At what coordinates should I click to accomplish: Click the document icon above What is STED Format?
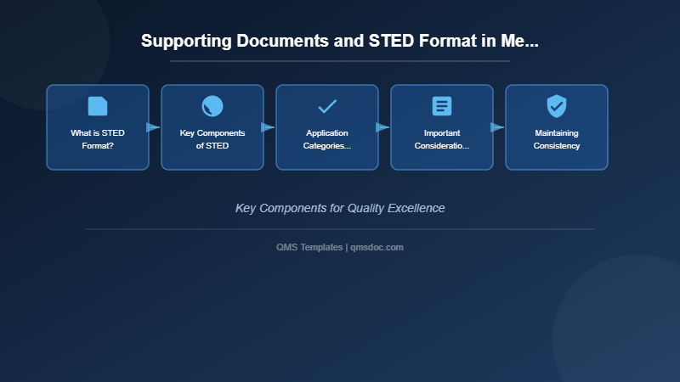coord(98,106)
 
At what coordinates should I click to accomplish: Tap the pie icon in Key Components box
coord(212,106)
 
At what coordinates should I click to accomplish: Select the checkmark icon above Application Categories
coord(327,106)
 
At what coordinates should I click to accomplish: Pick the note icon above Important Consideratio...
coord(442,106)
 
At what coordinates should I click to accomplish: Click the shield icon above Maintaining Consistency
coord(557,106)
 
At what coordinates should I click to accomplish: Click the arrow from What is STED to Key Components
coord(154,127)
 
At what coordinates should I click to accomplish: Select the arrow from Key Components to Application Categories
coord(269,127)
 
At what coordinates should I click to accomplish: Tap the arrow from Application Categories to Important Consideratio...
coord(383,127)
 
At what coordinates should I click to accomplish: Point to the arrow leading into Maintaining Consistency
coord(498,127)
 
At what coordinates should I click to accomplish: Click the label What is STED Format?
coord(98,139)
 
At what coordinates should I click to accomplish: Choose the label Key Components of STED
coord(212,139)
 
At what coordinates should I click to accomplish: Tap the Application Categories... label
coord(327,139)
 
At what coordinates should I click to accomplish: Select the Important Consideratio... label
coord(442,139)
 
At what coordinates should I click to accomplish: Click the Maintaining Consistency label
coord(557,139)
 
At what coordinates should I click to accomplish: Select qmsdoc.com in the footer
coord(377,247)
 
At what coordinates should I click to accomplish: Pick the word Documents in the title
coord(265,41)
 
